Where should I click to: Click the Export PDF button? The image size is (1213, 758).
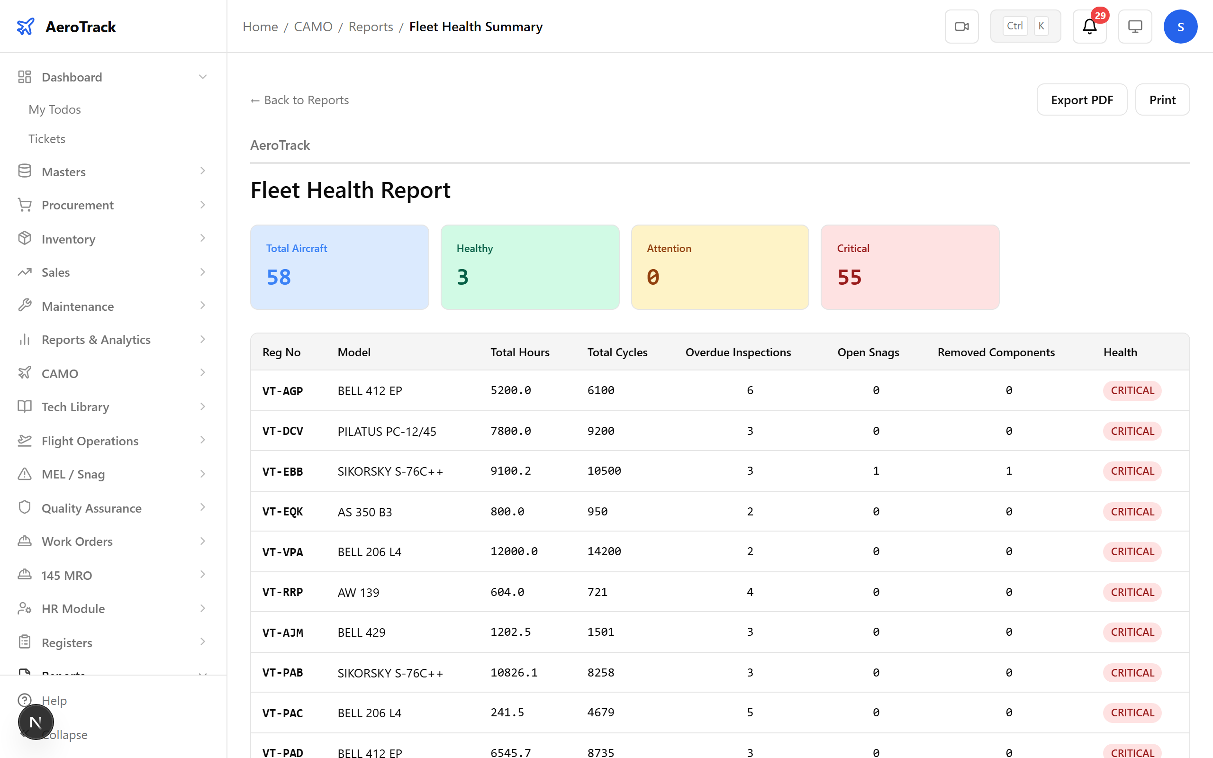[1081, 100]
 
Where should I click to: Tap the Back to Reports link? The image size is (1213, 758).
[300, 100]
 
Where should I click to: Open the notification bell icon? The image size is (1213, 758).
[1089, 27]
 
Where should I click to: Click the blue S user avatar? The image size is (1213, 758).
[1180, 27]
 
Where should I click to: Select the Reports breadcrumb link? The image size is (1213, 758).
[371, 27]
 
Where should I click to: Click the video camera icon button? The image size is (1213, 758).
[961, 27]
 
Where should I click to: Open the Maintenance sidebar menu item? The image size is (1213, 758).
[78, 306]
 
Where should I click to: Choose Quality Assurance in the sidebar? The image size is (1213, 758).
[91, 508]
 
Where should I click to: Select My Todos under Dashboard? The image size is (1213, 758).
[54, 109]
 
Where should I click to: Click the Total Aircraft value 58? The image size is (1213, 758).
[279, 277]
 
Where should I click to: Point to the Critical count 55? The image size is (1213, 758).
[849, 277]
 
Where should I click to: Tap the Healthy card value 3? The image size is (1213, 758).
[462, 277]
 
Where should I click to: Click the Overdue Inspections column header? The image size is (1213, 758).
[738, 352]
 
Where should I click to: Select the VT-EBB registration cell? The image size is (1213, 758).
[283, 471]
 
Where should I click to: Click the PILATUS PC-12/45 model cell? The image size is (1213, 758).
[387, 431]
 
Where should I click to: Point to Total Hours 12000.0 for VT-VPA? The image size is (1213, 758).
[514, 551]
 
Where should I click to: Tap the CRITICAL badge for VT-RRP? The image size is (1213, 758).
[1132, 592]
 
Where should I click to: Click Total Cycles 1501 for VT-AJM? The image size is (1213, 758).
[600, 632]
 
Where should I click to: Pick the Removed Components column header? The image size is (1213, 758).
[996, 352]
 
